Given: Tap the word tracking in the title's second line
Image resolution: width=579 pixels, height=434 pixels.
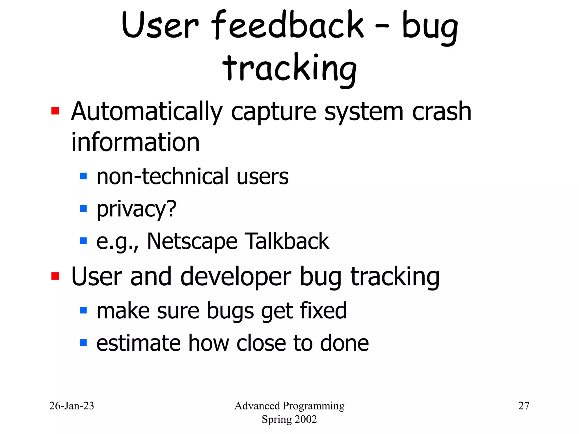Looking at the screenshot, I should click(289, 68).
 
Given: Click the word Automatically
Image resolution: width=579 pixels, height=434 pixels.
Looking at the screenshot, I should click(147, 112).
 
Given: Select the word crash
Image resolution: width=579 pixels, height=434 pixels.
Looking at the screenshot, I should click(442, 112).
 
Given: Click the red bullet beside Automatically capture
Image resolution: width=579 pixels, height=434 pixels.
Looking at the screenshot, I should click(55, 111).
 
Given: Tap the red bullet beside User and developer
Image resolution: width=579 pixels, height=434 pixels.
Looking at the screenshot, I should click(55, 276).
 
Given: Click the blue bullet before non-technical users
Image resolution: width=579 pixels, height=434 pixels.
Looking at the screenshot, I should click(83, 176).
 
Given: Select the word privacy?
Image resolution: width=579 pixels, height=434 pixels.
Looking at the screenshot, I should click(136, 209).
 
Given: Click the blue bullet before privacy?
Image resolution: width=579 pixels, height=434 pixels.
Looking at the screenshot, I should click(83, 209).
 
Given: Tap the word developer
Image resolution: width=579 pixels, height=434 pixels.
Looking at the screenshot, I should click(236, 277).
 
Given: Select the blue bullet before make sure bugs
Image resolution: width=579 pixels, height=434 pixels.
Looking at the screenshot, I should click(83, 310).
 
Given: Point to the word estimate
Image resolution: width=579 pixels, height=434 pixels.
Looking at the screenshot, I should click(138, 343).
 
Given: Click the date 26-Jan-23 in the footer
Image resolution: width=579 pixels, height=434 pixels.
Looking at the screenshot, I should click(72, 406).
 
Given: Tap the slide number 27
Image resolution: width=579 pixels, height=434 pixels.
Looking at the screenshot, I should click(524, 406).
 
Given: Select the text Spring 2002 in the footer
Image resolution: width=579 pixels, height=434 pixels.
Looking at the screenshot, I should click(289, 419).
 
